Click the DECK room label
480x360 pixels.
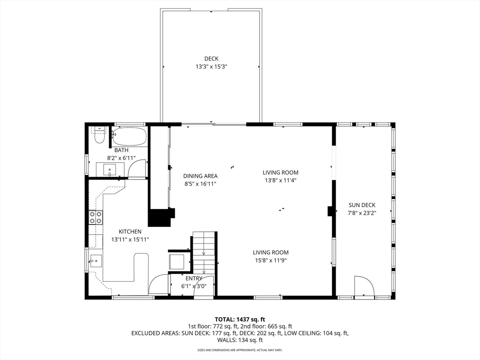(211, 59)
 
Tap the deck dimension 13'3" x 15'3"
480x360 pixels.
(211, 67)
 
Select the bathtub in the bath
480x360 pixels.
(130, 136)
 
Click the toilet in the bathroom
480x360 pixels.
(99, 135)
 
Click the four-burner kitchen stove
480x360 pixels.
(96, 217)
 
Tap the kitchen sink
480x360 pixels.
(96, 260)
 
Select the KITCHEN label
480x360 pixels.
(130, 232)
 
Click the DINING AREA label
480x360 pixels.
(200, 176)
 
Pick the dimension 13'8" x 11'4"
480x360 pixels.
(280, 180)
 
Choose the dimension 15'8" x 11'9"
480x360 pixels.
(271, 260)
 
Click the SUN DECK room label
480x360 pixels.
(362, 205)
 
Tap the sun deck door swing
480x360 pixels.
(363, 286)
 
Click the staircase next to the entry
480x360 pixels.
(204, 253)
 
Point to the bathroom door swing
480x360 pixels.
(137, 169)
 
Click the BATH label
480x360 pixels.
(115, 150)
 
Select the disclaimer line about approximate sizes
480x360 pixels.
(240, 350)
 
